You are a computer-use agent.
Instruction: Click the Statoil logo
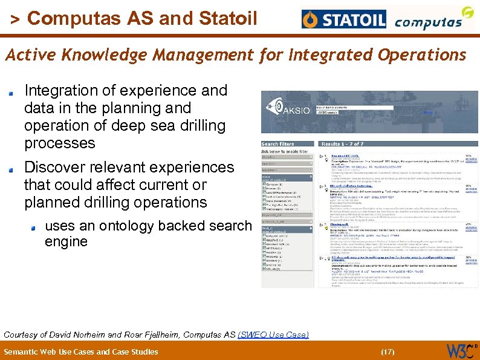(x=344, y=20)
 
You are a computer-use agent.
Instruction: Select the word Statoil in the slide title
(x=223, y=19)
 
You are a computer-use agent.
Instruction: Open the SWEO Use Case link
(x=273, y=335)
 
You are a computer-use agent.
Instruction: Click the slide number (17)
(x=388, y=352)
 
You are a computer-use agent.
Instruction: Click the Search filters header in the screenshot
(x=278, y=144)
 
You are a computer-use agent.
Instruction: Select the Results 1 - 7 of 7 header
(x=343, y=144)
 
